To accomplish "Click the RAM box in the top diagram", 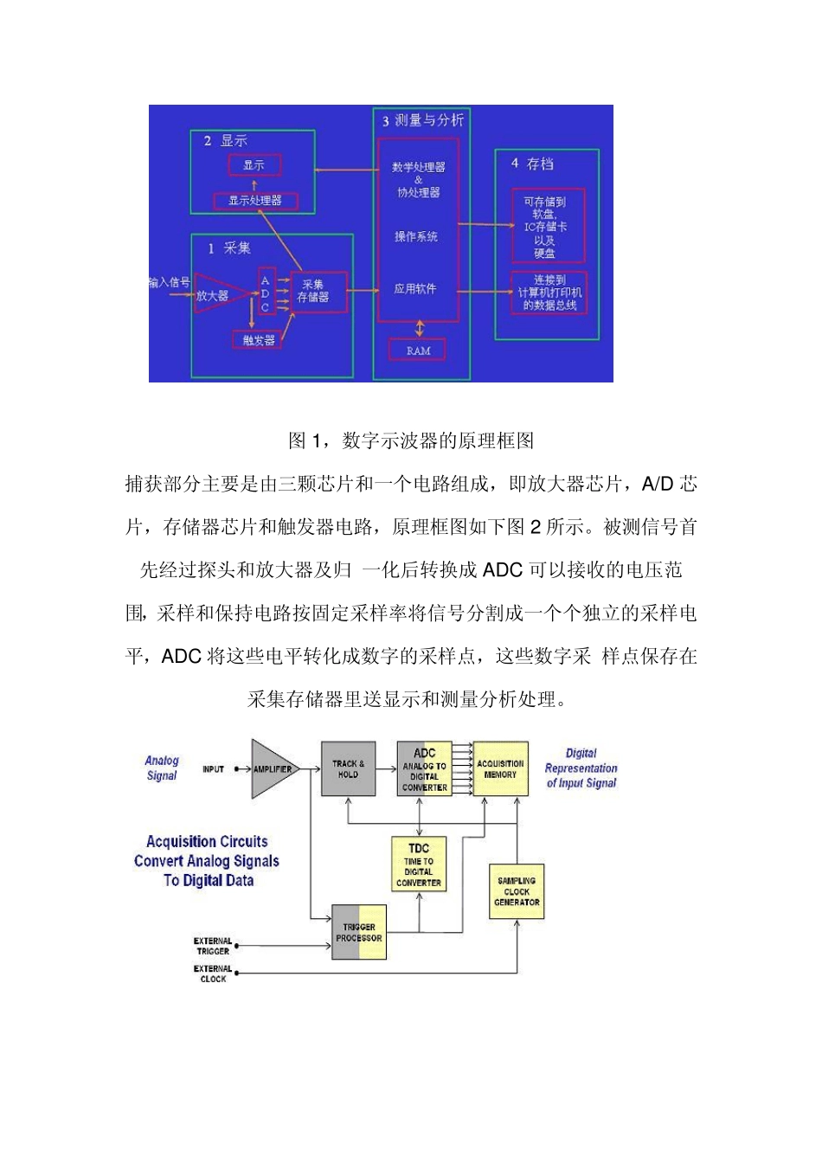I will coord(418,350).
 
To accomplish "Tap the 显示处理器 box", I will coord(255,201).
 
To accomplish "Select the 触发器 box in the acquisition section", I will coord(259,340).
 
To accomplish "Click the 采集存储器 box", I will coord(313,292).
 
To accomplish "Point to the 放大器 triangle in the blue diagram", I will coord(215,294).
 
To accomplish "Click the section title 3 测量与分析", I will coord(423,120).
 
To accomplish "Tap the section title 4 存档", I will coord(532,164).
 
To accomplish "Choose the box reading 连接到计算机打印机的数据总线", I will coord(549,292).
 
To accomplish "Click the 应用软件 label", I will coord(415,288).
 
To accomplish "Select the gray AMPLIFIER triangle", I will coord(271,768).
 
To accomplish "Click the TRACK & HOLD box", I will coord(348,769).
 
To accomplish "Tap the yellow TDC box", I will coord(419,864).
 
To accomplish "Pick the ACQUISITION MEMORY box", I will coord(500,768).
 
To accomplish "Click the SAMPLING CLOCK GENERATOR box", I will coord(517,891).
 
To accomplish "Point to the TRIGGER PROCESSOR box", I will coord(359,932).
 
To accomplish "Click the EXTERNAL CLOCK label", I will coord(213,973).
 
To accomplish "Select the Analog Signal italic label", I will coord(162,768).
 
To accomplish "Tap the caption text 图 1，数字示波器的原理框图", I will coord(411,441).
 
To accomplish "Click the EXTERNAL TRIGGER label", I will coord(213,946).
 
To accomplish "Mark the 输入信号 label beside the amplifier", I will coord(170,282).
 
